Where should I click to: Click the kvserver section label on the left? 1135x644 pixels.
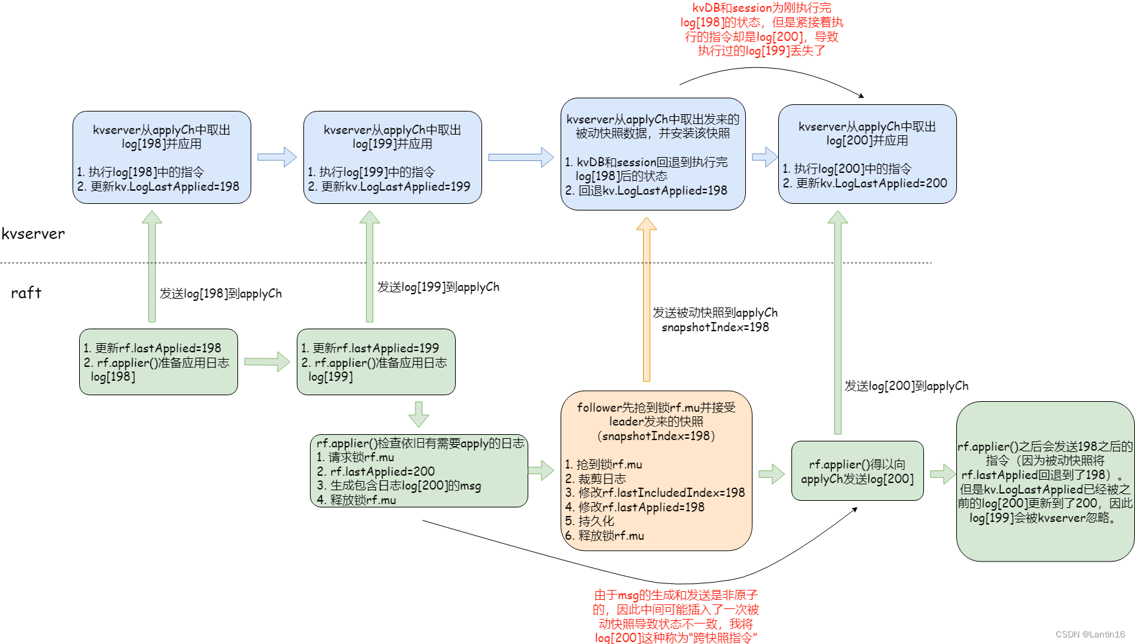tap(33, 234)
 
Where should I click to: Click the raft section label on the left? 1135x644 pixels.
tap(26, 293)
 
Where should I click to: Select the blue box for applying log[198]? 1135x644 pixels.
tap(162, 157)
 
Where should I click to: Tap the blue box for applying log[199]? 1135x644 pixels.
tap(392, 157)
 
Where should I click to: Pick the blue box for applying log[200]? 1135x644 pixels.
tap(867, 154)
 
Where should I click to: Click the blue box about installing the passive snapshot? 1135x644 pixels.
tap(653, 154)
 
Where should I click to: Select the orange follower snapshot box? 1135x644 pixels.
tap(656, 470)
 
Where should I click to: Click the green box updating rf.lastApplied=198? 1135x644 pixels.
tap(158, 362)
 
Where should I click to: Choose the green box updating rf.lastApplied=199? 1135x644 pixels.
tap(376, 362)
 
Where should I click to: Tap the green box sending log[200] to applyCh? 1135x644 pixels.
tap(857, 471)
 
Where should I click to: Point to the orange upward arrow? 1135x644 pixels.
tap(646, 300)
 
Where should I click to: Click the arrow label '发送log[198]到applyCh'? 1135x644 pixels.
tap(220, 294)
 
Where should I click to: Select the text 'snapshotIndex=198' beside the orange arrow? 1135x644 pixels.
tap(715, 327)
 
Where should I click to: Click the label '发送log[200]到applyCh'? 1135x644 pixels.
tap(906, 386)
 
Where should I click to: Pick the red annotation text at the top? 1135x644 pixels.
tap(762, 29)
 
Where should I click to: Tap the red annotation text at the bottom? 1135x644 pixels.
tap(676, 616)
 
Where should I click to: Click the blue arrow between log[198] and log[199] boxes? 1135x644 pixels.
tap(277, 157)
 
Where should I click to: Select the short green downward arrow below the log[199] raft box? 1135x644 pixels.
tap(419, 414)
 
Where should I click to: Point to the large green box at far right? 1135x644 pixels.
tap(1045, 482)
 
